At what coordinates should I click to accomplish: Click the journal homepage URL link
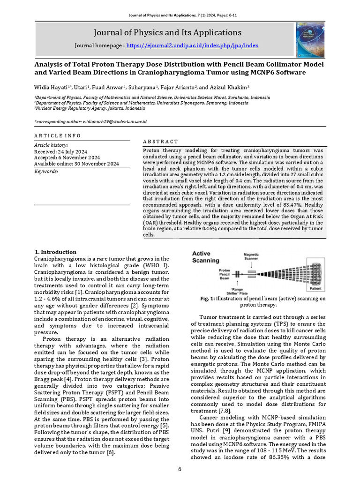pyautogui.click(x=192, y=46)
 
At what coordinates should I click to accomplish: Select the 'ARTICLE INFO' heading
pyautogui.click(x=58, y=135)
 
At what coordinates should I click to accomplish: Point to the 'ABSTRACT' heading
pyautogui.click(x=160, y=142)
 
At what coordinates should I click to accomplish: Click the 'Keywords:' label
pyautogui.click(x=46, y=172)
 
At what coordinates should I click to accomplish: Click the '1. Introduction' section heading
pyautogui.click(x=55, y=252)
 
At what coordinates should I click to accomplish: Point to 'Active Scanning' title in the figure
pyautogui.click(x=206, y=257)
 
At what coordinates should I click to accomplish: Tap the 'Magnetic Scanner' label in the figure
pyautogui.click(x=251, y=257)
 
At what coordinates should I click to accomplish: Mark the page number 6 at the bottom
pyautogui.click(x=180, y=469)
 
